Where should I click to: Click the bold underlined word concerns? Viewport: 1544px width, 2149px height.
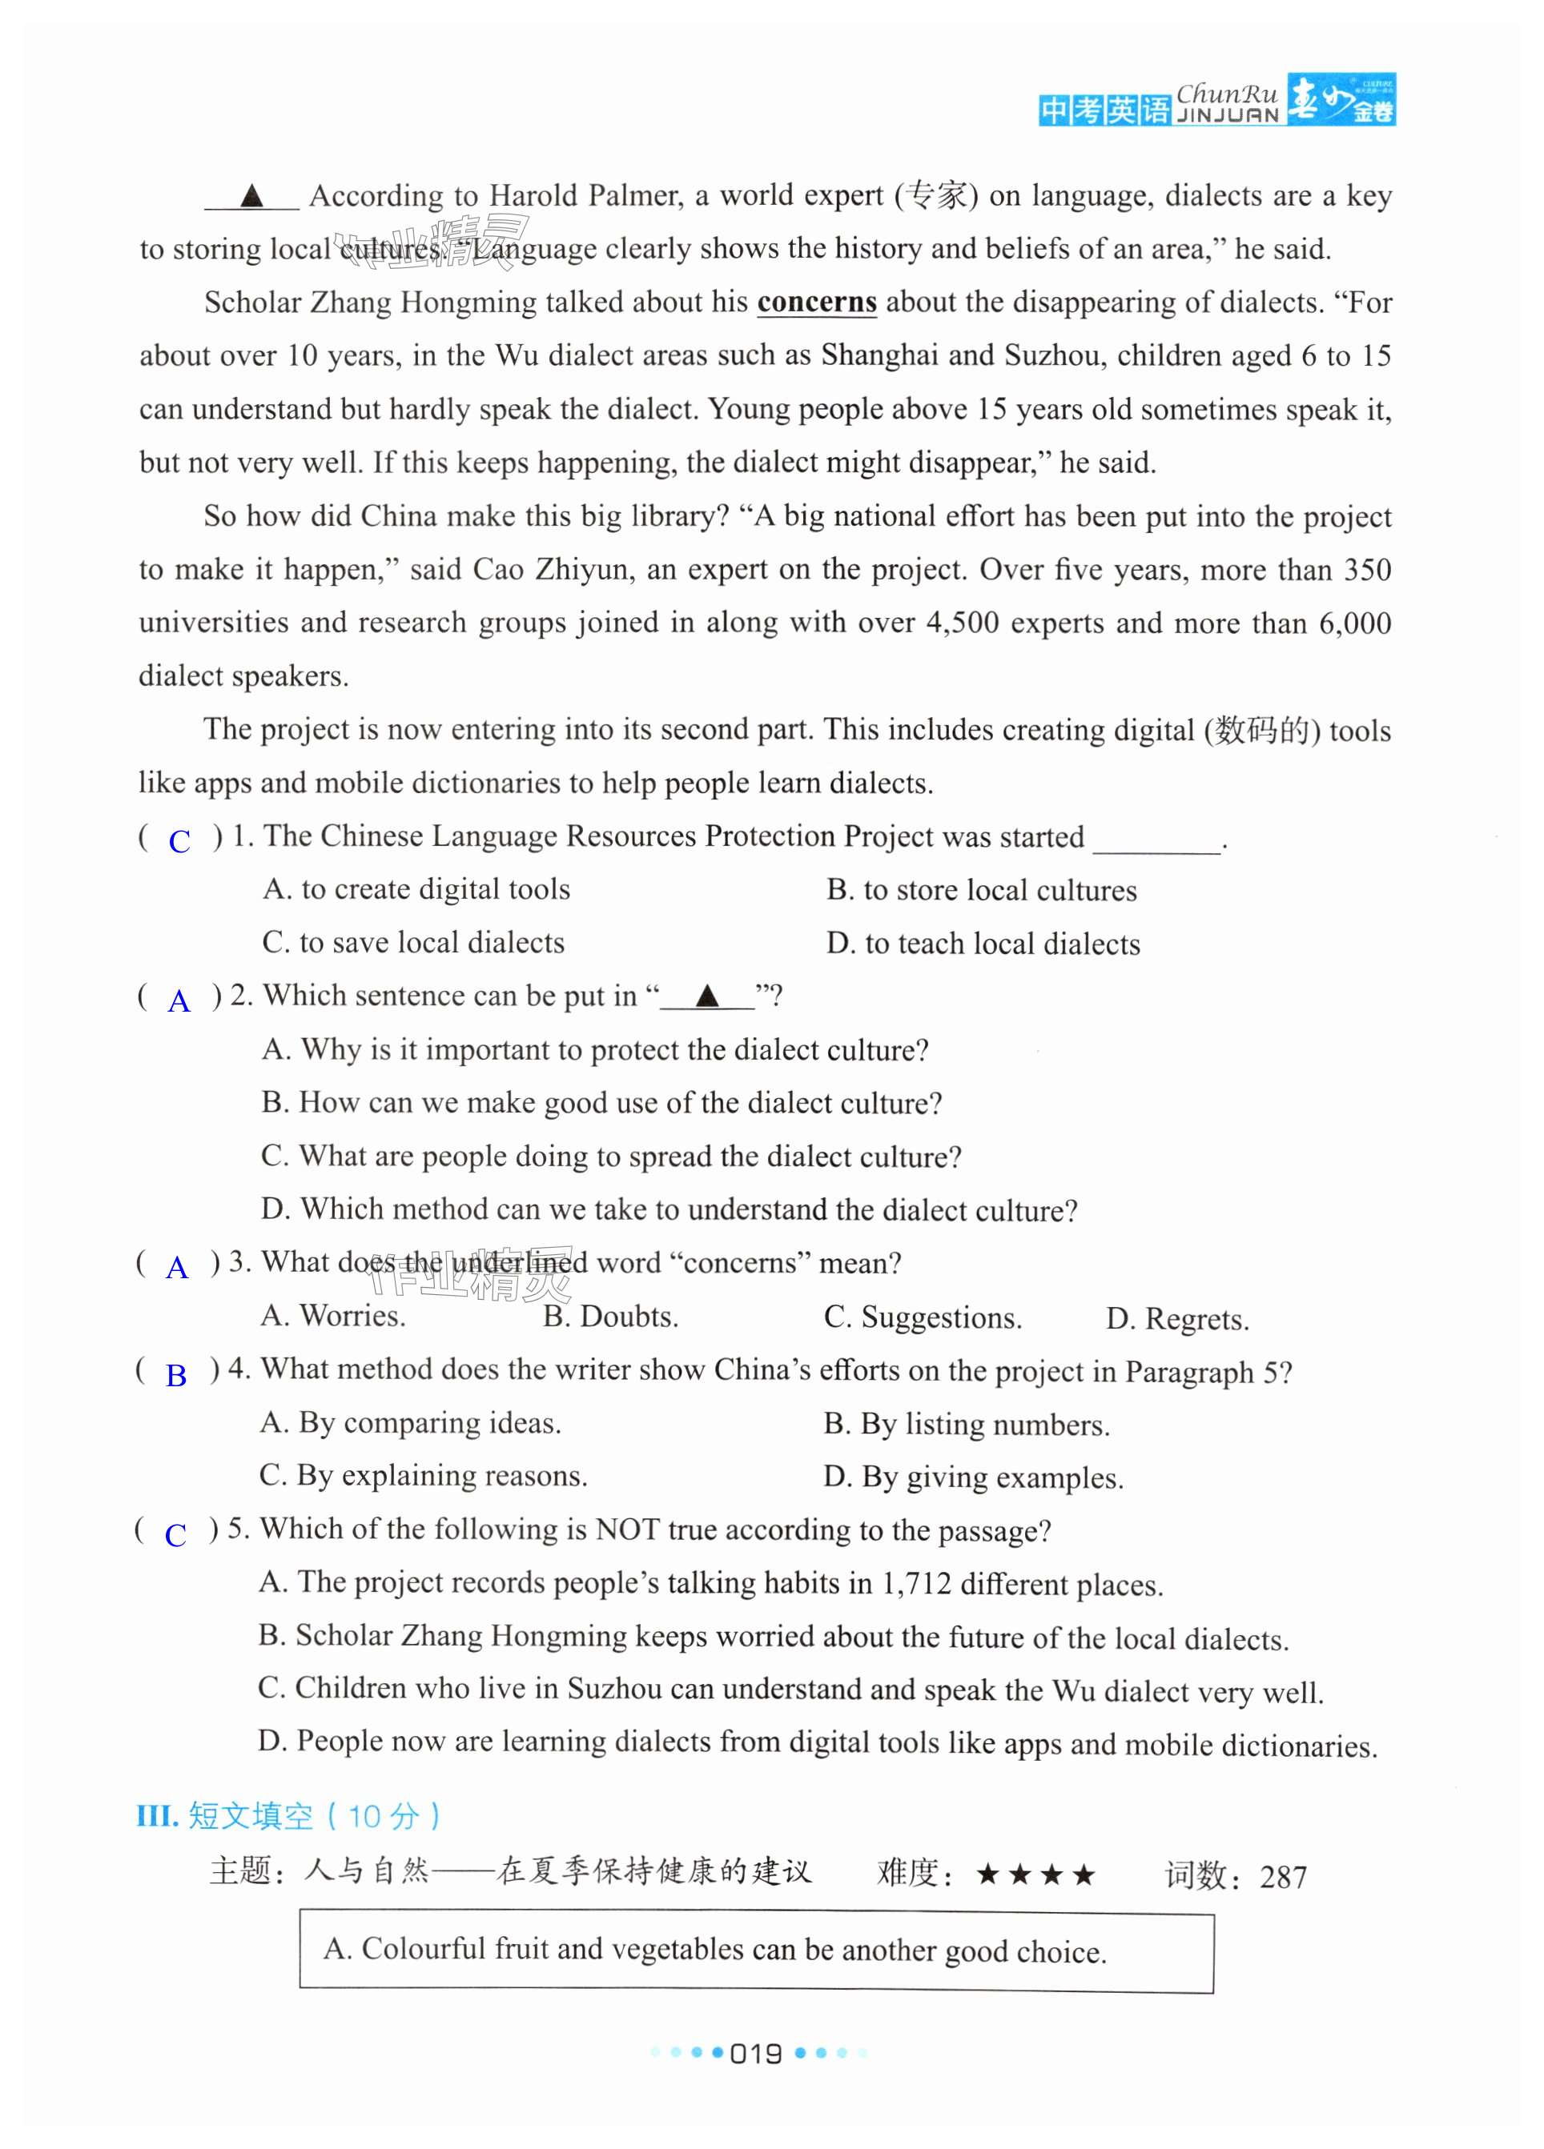coord(816,303)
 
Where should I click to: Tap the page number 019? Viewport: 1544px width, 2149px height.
coord(756,2053)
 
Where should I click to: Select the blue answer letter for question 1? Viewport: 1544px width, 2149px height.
coord(179,841)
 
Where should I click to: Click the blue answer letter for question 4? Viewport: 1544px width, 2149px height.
coord(176,1375)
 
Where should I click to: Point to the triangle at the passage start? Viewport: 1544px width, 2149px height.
coord(251,196)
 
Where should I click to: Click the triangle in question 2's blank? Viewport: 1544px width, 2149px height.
coord(706,996)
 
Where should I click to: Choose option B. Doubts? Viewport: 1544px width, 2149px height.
coord(610,1316)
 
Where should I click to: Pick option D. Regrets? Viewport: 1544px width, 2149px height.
coord(1176,1318)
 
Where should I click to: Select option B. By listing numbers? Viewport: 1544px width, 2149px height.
coord(966,1424)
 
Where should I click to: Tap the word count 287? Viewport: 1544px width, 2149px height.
coord(1284,1876)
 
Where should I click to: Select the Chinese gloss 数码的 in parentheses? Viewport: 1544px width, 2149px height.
coord(1261,731)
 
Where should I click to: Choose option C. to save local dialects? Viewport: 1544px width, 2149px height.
coord(413,943)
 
